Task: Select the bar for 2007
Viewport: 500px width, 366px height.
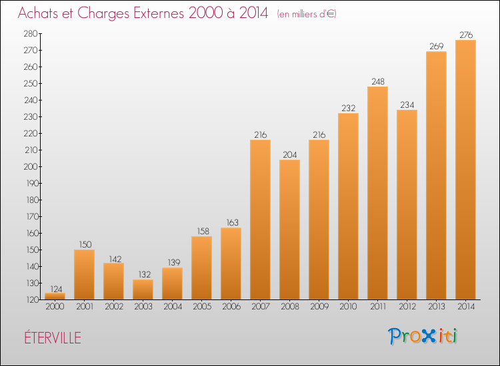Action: [260, 220]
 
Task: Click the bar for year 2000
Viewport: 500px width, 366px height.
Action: [55, 296]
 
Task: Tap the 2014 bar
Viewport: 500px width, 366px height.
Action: [465, 170]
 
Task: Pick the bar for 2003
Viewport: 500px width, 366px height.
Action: [143, 289]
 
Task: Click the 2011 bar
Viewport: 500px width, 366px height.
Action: [377, 193]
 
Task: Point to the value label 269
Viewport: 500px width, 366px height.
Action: [436, 47]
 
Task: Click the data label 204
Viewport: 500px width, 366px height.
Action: [289, 154]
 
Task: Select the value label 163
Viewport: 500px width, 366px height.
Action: [233, 222]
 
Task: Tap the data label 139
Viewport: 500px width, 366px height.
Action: [174, 263]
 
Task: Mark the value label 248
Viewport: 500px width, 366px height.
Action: [378, 82]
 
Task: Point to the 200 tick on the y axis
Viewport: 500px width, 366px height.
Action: [31, 167]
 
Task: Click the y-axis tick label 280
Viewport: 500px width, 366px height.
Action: [31, 34]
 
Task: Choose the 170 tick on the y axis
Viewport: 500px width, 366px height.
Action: [31, 217]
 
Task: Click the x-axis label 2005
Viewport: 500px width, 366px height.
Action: [202, 307]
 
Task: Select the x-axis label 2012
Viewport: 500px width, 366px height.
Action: [407, 307]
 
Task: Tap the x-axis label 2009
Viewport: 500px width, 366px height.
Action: [319, 307]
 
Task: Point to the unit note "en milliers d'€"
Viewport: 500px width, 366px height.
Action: [307, 14]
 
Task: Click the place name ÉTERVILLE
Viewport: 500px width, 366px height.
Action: [53, 338]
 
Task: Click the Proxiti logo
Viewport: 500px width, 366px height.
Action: [423, 336]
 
